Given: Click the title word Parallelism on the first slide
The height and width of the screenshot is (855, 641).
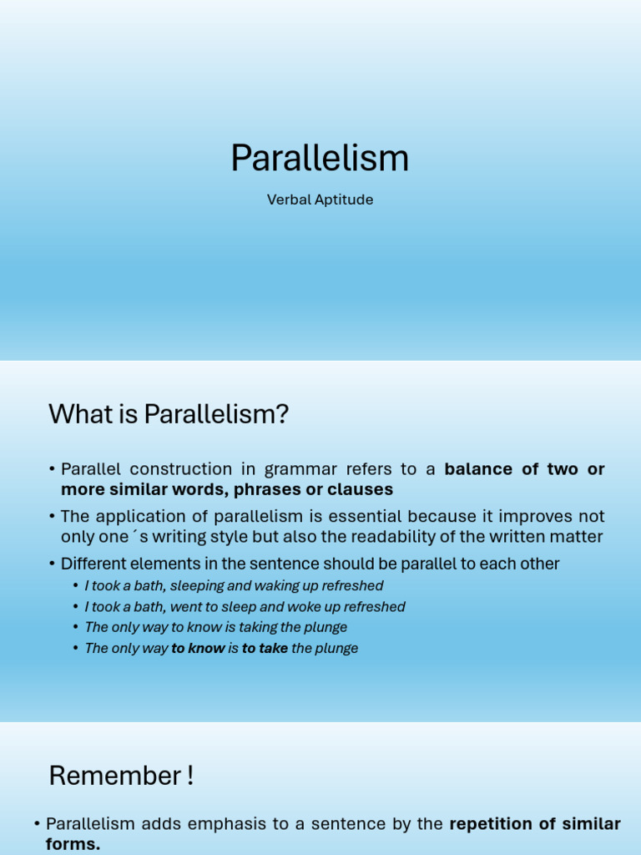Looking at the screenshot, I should coord(320,158).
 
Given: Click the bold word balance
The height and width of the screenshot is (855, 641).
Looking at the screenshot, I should coord(480,469).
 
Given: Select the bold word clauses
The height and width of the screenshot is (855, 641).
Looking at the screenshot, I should coord(358,489).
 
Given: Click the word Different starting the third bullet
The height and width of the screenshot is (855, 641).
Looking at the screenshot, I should coord(94,564).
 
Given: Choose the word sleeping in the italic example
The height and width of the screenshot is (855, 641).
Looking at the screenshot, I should coord(196,586).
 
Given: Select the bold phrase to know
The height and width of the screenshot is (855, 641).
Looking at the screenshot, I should coord(198,648).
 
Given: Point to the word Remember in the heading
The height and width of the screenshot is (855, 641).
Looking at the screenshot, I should coord(110,776).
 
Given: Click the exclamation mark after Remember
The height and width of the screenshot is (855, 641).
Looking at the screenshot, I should coord(190,776).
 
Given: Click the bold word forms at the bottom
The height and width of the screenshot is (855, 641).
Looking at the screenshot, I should coord(71,844).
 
